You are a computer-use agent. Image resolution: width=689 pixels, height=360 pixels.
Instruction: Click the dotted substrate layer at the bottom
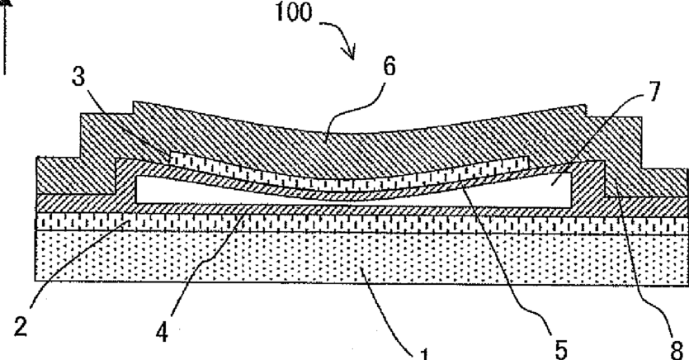tap(248, 264)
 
